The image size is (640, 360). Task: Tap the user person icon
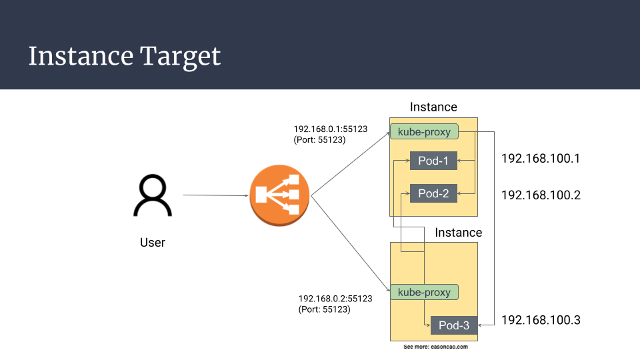point(153,196)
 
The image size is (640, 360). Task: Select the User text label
point(153,242)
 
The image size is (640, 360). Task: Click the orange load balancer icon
point(280,196)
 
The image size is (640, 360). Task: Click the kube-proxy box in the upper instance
point(424,132)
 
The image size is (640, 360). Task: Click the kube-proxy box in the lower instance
point(424,292)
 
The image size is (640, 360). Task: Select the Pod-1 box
point(433,161)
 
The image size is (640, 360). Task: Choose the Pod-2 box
point(433,193)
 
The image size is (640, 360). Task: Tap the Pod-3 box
point(454,325)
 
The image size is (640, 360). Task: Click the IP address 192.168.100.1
point(541,159)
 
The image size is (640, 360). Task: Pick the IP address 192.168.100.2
point(541,195)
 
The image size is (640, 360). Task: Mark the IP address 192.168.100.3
point(541,320)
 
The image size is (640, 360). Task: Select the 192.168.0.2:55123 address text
point(335,299)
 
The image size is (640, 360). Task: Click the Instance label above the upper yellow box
point(433,107)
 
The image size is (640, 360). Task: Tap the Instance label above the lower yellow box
point(458,233)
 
